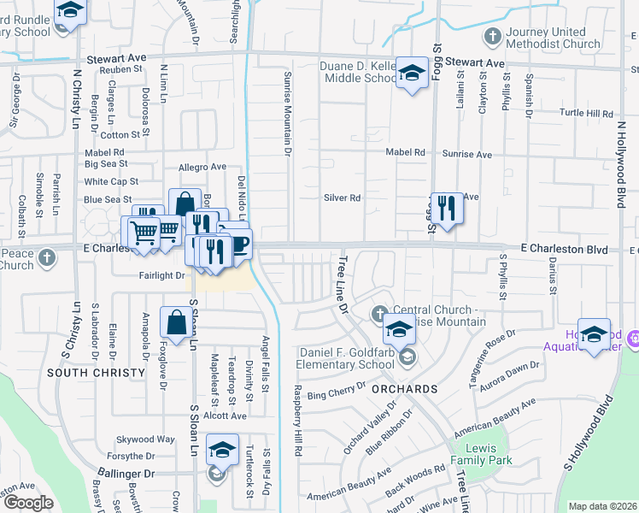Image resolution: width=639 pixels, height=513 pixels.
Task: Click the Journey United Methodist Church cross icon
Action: (492, 37)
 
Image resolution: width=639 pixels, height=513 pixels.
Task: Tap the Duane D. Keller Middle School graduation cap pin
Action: (412, 74)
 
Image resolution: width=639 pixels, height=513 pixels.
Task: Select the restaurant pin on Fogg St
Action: (446, 207)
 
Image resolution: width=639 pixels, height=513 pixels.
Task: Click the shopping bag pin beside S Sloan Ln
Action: (176, 323)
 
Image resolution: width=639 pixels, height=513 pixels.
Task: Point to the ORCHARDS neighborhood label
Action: (404, 389)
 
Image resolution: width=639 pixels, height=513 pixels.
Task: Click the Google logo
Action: (28, 503)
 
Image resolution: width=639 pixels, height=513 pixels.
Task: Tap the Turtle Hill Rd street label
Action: (586, 113)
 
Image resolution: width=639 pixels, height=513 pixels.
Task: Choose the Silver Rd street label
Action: (342, 198)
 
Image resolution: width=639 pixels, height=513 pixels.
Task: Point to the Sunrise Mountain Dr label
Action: (288, 114)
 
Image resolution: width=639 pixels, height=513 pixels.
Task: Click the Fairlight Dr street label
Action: (162, 276)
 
